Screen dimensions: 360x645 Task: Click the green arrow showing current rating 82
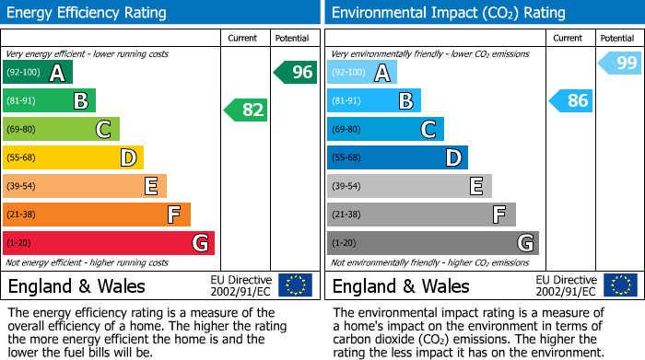tap(246, 110)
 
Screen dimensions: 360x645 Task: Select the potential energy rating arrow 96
tap(295, 72)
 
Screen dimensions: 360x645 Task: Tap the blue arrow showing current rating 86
tap(570, 100)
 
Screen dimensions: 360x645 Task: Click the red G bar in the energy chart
tap(109, 243)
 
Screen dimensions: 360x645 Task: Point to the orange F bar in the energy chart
tap(97, 215)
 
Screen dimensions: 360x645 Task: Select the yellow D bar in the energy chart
tap(73, 157)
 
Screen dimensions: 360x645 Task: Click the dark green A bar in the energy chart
tap(38, 72)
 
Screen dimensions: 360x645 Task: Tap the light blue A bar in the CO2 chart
tap(362, 72)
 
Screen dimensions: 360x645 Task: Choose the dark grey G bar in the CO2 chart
tap(432, 243)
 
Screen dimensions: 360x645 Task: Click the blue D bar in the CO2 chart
tap(397, 157)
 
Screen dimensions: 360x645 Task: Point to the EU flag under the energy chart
tap(295, 285)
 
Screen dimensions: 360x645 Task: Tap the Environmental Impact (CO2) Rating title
tap(448, 13)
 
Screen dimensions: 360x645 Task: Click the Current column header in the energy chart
tap(244, 38)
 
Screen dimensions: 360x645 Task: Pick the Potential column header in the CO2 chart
tap(616, 38)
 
